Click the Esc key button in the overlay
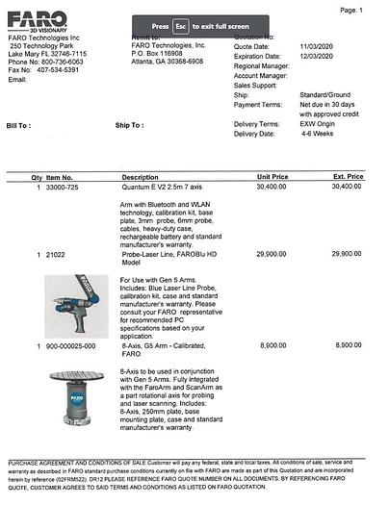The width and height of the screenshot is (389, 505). (180, 27)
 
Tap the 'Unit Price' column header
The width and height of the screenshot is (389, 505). (272, 177)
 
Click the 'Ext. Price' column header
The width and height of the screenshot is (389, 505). (348, 177)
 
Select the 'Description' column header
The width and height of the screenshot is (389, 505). (140, 177)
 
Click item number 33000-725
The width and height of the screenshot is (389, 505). (63, 187)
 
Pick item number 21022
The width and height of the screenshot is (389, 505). (56, 253)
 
